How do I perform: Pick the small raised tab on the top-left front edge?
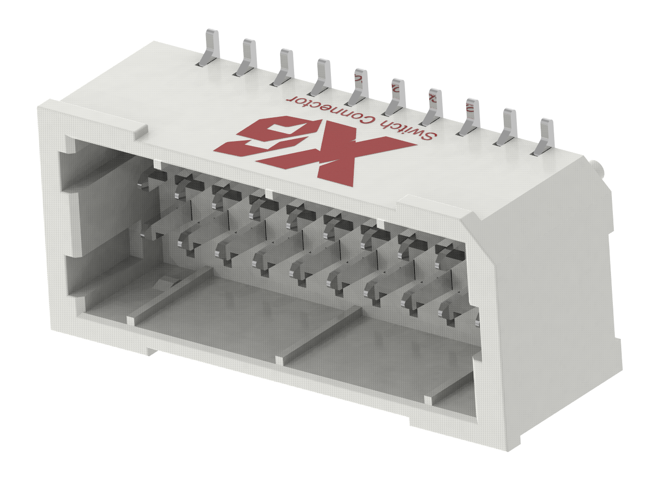coord(140,131)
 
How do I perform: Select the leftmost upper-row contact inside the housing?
coord(153,179)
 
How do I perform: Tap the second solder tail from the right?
coord(507,127)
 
